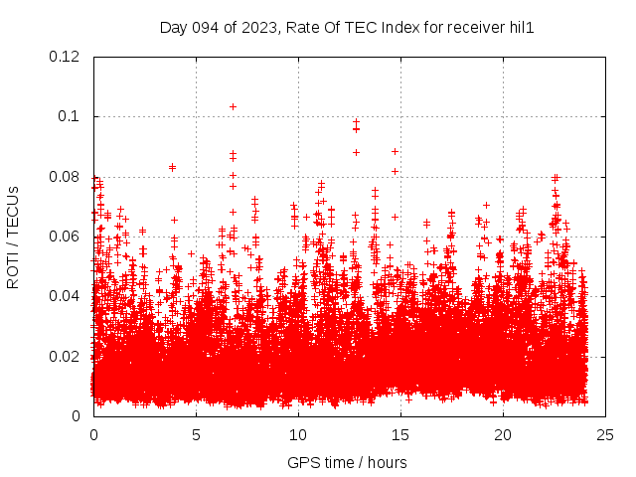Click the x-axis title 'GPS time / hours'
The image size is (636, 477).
pyautogui.click(x=347, y=462)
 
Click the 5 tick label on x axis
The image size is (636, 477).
pyautogui.click(x=196, y=435)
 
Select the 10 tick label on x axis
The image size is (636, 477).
pyautogui.click(x=298, y=435)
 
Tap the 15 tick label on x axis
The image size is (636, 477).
pyautogui.click(x=400, y=435)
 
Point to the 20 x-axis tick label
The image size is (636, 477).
pyautogui.click(x=503, y=435)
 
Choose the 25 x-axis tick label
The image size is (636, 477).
pyautogui.click(x=605, y=435)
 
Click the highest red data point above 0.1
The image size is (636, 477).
pyautogui.click(x=233, y=106)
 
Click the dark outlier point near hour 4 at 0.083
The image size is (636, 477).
pyautogui.click(x=172, y=167)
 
